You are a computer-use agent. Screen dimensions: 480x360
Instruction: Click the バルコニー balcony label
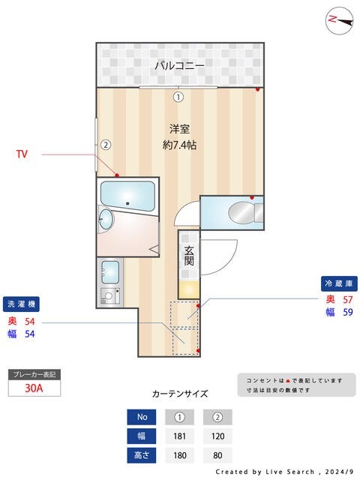coord(179,66)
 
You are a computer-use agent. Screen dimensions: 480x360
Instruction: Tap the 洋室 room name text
coord(179,128)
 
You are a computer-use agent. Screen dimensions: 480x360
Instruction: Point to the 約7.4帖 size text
coord(179,145)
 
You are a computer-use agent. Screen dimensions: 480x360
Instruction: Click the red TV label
coord(22,154)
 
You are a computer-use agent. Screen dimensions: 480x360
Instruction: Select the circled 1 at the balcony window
coord(178,96)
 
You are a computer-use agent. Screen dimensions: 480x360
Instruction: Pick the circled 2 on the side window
coord(106,145)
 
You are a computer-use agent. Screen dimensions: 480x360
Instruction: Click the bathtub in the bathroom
coord(128,197)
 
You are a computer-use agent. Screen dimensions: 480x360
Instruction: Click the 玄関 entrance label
coord(189,256)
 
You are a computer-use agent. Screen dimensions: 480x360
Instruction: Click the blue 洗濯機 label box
coord(21,304)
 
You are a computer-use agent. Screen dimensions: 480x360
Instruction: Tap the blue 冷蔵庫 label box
coord(339,283)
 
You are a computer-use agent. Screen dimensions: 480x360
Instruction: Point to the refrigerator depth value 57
coord(347,299)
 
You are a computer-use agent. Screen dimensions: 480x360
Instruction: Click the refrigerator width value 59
coord(347,313)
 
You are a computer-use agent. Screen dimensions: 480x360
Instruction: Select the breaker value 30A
coord(33,388)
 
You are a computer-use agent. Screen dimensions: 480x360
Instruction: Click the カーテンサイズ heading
coord(180,393)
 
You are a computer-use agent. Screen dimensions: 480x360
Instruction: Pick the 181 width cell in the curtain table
coord(179,435)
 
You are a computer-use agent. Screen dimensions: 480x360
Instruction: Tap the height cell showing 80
coord(217,454)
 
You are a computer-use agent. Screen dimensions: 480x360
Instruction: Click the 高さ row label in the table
coord(142,454)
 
